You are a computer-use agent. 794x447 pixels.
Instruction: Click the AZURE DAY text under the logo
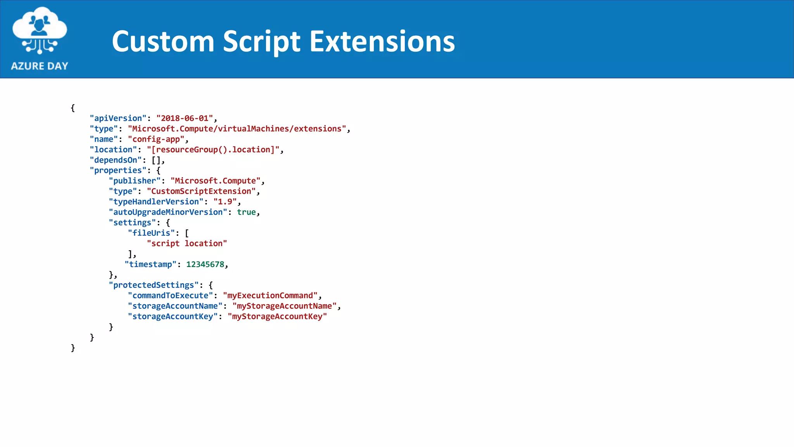(40, 66)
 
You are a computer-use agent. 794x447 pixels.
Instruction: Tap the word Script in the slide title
(261, 42)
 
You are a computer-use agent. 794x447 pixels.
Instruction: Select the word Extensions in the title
(382, 41)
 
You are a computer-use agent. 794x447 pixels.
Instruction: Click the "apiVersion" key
(118, 118)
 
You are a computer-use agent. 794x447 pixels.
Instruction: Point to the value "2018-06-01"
(185, 118)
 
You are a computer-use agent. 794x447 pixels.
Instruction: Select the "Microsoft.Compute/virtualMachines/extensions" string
(237, 129)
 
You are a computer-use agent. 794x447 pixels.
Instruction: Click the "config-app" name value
(156, 139)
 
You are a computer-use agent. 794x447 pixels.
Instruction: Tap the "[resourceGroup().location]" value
(213, 150)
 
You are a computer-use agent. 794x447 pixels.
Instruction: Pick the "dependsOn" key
(116, 160)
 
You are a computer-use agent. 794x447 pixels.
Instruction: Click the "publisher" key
(135, 181)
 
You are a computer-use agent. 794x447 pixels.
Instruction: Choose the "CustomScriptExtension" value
(201, 191)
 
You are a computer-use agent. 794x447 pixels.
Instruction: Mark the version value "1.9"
(225, 202)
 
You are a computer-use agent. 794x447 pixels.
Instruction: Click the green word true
(246, 212)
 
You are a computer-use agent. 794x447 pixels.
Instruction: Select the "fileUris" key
(151, 233)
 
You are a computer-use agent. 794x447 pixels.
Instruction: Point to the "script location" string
(187, 244)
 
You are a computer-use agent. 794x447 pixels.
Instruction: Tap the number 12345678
(205, 265)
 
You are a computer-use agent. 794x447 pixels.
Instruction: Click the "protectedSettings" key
(154, 285)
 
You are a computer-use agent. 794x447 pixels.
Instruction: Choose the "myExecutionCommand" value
(270, 296)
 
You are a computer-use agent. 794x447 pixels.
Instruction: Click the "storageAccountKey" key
(173, 317)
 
